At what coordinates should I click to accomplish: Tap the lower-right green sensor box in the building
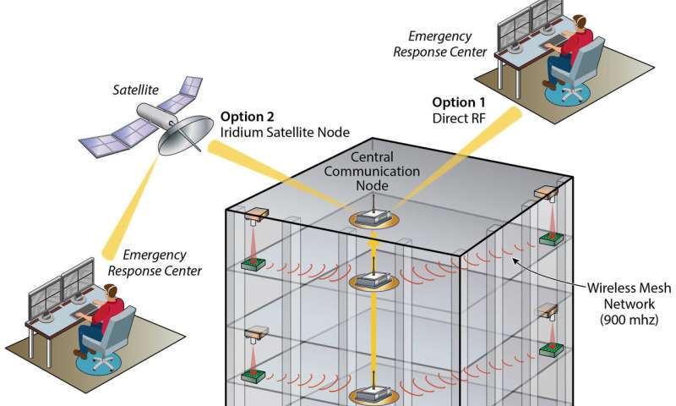[550, 349]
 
